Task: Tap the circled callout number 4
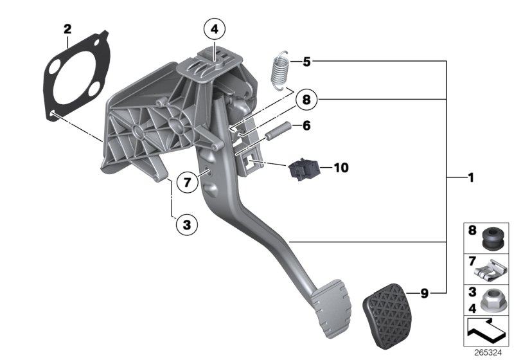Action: pyautogui.click(x=215, y=29)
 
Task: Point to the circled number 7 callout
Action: pyautogui.click(x=186, y=183)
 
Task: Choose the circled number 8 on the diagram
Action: pyautogui.click(x=306, y=100)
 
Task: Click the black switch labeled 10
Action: pyautogui.click(x=303, y=169)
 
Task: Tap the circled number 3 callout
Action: pyautogui.click(x=186, y=224)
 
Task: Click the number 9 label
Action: pyautogui.click(x=424, y=294)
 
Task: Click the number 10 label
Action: pyautogui.click(x=341, y=168)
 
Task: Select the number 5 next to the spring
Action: pyautogui.click(x=306, y=62)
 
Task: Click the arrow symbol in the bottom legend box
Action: pyautogui.click(x=486, y=331)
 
